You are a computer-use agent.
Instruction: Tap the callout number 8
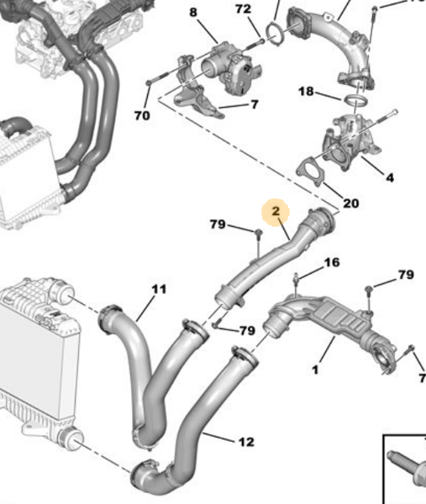pyautogui.click(x=193, y=13)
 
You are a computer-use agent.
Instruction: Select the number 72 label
pyautogui.click(x=243, y=9)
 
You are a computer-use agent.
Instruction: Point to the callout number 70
pyautogui.click(x=142, y=115)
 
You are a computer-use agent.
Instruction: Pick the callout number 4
pyautogui.click(x=389, y=177)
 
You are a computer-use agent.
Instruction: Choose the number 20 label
pyautogui.click(x=351, y=203)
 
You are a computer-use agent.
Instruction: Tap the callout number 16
pyautogui.click(x=332, y=263)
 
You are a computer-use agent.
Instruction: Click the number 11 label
pyautogui.click(x=159, y=290)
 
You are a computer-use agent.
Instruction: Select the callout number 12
pyautogui.click(x=246, y=441)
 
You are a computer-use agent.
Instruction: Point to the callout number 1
pyautogui.click(x=316, y=368)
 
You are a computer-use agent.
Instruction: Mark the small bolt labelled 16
pyautogui.click(x=297, y=280)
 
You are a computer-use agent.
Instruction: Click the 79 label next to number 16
pyautogui.click(x=406, y=275)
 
